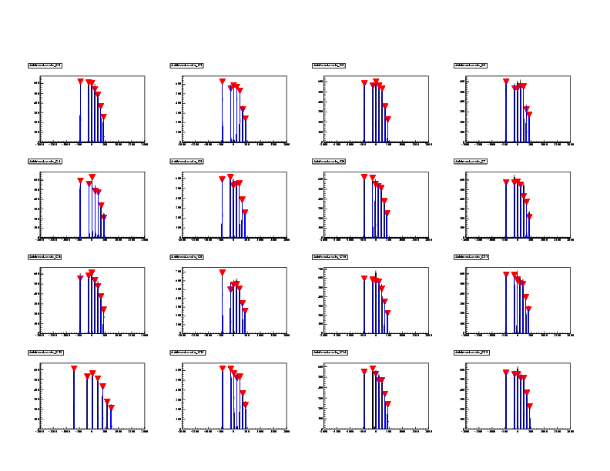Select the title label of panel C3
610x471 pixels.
click(471, 65)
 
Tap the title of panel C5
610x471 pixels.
click(187, 161)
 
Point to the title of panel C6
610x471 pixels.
click(329, 161)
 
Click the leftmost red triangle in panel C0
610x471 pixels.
click(80, 81)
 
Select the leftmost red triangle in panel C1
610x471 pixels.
click(222, 81)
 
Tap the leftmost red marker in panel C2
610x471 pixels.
click(364, 82)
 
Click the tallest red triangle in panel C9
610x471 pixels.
click(222, 272)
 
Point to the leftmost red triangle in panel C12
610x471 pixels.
click(74, 369)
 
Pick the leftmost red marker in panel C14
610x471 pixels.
click(364, 372)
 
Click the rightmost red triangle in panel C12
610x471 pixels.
click(111, 407)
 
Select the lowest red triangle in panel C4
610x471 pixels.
click(103, 217)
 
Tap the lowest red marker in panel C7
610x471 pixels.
click(529, 216)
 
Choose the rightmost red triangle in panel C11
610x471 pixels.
click(528, 309)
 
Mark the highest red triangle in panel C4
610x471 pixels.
click(92, 177)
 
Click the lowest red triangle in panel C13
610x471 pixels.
click(245, 404)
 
